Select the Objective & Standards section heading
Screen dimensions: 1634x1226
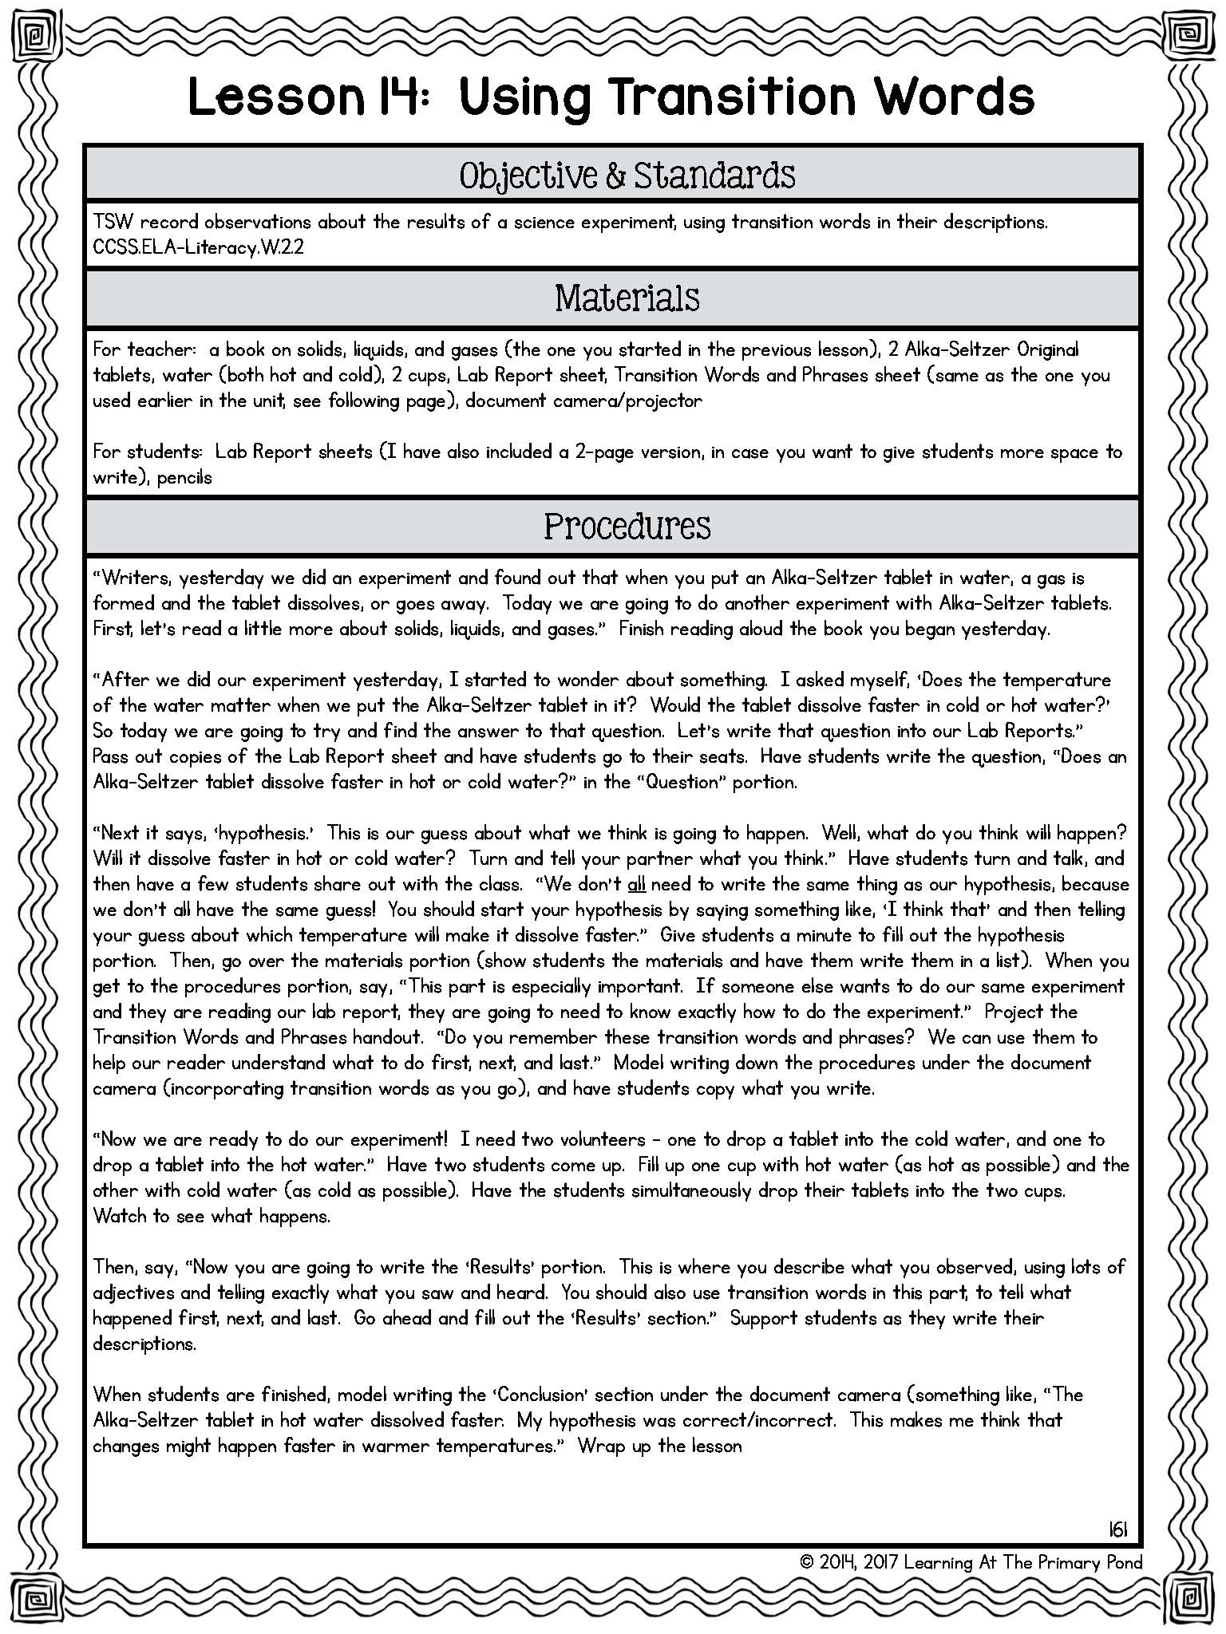[627, 176]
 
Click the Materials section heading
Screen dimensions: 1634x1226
[627, 298]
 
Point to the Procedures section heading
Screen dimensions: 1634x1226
[627, 527]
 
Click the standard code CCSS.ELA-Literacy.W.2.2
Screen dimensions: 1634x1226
[198, 247]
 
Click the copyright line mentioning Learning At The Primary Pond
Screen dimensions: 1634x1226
[971, 1562]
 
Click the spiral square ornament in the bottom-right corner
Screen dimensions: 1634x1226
[1189, 1597]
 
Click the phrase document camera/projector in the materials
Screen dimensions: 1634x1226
[583, 401]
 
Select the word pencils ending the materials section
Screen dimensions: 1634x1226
[184, 477]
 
